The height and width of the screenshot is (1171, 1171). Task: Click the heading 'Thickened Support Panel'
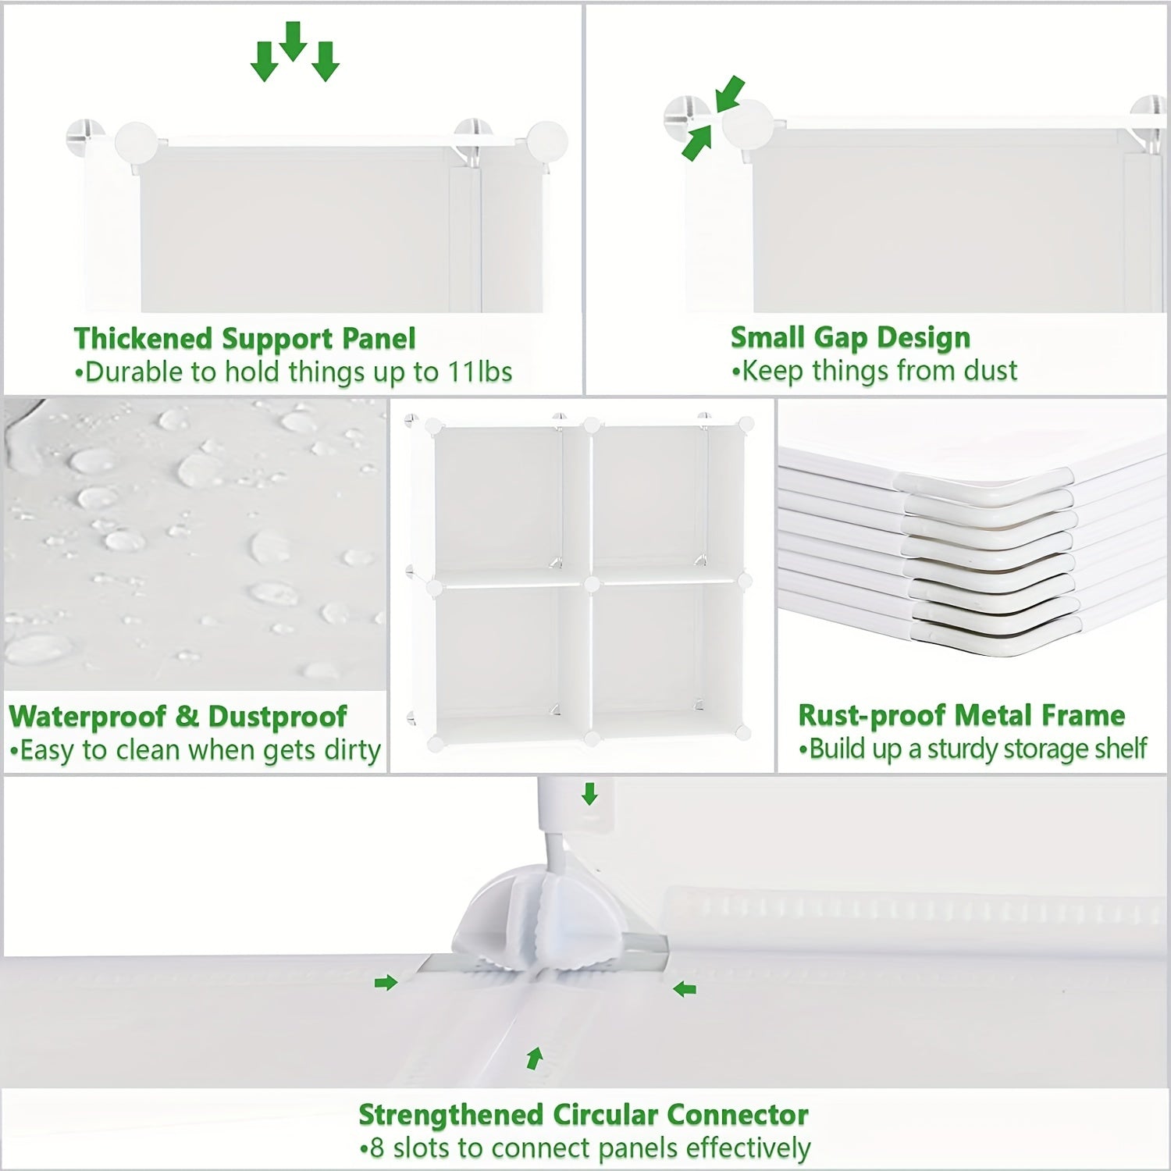click(244, 339)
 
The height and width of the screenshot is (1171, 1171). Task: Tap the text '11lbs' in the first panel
click(479, 372)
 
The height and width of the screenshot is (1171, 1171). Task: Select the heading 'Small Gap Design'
click(850, 337)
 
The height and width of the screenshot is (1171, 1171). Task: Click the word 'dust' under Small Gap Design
click(990, 370)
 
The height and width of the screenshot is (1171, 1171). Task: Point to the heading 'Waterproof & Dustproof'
click(178, 716)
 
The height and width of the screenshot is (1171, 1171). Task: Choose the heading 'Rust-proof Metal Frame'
click(961, 715)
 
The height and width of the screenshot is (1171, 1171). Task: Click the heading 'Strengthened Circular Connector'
click(583, 1114)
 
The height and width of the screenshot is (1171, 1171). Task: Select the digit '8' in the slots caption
click(377, 1148)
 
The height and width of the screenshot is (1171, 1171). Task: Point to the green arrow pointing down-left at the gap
click(729, 94)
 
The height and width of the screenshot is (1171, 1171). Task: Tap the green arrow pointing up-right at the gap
click(697, 144)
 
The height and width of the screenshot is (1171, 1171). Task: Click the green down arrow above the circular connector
click(589, 794)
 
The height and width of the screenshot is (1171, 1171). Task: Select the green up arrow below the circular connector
click(534, 1059)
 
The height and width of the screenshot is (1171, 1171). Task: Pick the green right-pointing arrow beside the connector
click(386, 983)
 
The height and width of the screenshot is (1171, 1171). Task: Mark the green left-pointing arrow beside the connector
click(685, 990)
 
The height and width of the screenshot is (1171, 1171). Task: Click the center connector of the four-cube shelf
click(591, 582)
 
